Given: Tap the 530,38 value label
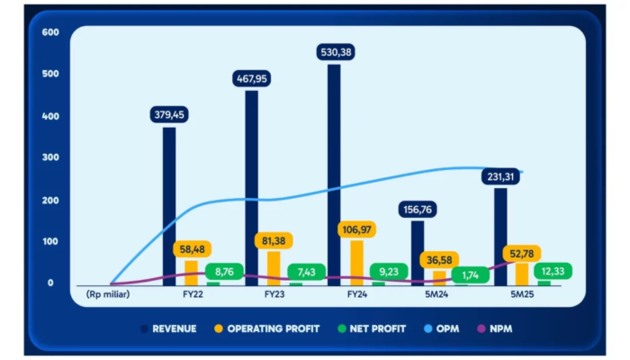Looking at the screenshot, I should [x=336, y=52].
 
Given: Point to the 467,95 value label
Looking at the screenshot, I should [x=252, y=78].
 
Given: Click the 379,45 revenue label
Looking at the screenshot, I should [x=171, y=114].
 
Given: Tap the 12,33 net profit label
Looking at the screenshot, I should [x=550, y=270].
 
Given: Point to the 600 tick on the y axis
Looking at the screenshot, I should [x=50, y=32].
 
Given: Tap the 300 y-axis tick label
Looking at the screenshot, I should [x=50, y=157].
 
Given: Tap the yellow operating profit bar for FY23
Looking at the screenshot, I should [x=274, y=266].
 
